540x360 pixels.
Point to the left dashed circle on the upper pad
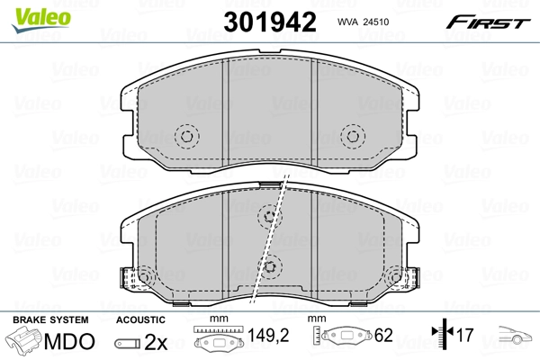[x=187, y=136]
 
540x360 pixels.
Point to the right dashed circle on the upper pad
[x=352, y=136]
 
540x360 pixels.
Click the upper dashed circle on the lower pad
[x=269, y=215]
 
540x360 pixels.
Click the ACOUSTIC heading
[x=139, y=319]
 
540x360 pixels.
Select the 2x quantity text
[x=156, y=341]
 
